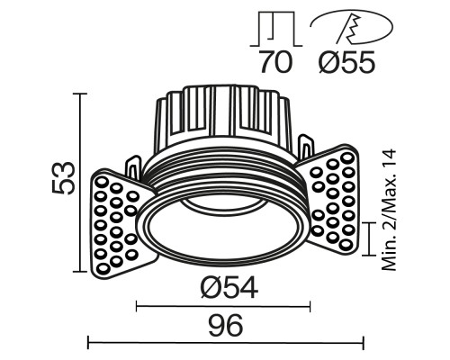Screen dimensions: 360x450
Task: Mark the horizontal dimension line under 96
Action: tap(225, 341)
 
